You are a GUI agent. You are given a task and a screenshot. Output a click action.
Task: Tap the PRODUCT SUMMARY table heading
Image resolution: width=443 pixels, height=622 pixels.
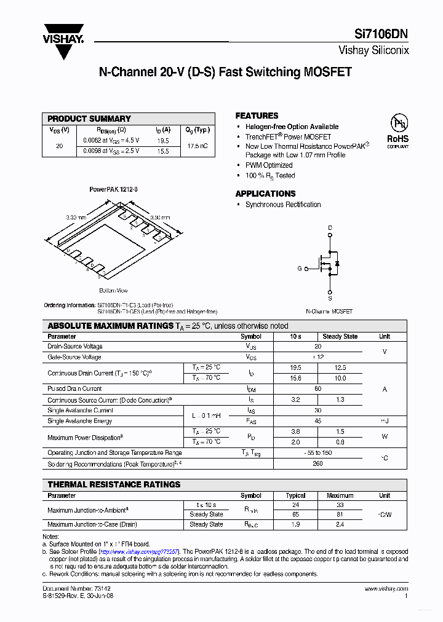tap(89, 119)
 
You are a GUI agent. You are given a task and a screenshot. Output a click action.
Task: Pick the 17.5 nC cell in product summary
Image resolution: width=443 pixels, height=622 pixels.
tap(197, 146)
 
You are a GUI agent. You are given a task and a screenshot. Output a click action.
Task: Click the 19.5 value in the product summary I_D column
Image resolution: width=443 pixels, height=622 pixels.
tap(162, 141)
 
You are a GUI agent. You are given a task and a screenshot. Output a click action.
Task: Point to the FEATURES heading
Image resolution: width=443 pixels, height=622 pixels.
tap(257, 116)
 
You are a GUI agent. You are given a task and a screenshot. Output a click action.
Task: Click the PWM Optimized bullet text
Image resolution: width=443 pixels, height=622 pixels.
tap(269, 165)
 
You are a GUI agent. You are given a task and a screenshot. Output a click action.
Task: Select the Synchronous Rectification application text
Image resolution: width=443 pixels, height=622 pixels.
tap(283, 205)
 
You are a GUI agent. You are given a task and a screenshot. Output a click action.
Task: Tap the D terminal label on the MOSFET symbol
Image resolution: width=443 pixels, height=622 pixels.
tap(330, 228)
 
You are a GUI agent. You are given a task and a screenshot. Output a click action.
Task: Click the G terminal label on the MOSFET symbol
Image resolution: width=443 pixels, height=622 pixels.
tap(300, 269)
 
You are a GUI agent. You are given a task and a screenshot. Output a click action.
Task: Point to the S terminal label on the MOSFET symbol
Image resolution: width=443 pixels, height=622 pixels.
tap(330, 299)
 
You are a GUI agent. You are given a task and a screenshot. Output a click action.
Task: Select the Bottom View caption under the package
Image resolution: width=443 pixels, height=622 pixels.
tap(113, 290)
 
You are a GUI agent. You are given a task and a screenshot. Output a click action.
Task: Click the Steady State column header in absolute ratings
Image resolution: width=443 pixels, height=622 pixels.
tap(340, 337)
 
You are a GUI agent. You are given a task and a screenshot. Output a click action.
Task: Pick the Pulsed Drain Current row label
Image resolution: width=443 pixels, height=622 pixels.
tap(74, 388)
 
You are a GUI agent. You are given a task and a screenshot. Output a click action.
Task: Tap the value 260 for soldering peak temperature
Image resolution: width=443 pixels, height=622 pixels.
tap(317, 464)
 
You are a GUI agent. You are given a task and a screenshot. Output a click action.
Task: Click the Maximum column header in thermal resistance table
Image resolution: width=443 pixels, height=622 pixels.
tap(340, 495)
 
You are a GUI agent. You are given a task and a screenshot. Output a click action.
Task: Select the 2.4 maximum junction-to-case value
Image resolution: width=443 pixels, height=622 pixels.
tap(340, 524)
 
